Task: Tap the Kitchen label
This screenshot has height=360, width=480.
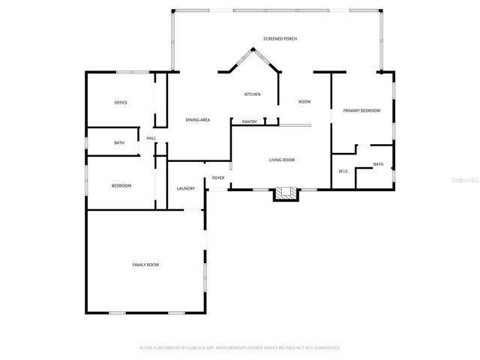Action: (x=252, y=94)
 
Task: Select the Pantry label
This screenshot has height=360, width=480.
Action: (x=249, y=121)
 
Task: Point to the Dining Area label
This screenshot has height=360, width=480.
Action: (x=198, y=120)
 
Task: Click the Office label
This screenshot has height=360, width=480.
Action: (x=121, y=103)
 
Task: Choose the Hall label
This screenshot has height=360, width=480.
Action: (x=151, y=138)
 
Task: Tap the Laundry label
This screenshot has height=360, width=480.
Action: (x=186, y=188)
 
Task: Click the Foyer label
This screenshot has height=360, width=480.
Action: (x=218, y=178)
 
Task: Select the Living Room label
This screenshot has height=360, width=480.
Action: (x=282, y=160)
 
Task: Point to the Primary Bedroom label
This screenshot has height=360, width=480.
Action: (x=361, y=111)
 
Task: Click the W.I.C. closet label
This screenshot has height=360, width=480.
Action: (x=343, y=171)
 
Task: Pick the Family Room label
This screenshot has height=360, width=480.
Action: (x=145, y=265)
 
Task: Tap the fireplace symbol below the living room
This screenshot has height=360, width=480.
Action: (x=284, y=194)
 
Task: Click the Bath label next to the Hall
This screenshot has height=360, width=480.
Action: (x=119, y=142)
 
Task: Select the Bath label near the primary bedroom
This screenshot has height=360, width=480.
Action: (x=378, y=164)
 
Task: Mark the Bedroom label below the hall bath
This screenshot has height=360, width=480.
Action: (x=121, y=186)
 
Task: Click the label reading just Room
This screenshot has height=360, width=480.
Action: (x=304, y=101)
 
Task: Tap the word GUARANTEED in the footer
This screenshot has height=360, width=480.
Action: (x=325, y=348)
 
